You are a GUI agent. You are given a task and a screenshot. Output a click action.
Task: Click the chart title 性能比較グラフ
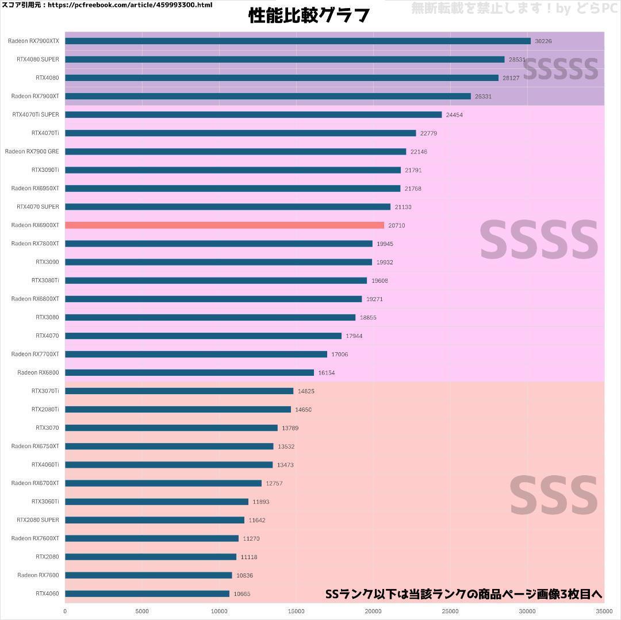(x=309, y=16)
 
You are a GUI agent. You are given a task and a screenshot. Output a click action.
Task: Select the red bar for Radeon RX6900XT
(x=224, y=225)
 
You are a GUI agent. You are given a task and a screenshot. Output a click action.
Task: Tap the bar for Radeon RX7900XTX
(x=297, y=41)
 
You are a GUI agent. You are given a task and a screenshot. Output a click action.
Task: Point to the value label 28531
(x=517, y=60)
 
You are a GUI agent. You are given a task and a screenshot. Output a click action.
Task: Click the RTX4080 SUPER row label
(x=38, y=59)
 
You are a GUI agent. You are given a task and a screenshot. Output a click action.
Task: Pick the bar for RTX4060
(x=147, y=594)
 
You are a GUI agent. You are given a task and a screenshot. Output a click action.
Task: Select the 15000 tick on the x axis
(x=296, y=611)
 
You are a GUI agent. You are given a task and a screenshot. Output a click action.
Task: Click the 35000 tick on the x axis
(x=604, y=611)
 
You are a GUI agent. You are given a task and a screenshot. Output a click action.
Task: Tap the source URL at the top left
(x=107, y=5)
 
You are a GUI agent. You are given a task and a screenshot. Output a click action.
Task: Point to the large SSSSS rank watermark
(x=560, y=70)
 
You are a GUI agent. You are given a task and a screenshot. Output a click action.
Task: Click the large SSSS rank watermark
(x=539, y=240)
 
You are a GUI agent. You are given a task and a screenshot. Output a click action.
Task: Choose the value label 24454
(x=454, y=115)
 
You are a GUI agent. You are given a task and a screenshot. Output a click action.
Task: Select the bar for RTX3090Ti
(x=233, y=170)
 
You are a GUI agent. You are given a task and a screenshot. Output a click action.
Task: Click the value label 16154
(x=327, y=373)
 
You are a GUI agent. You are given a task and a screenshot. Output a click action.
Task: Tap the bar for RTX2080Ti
(x=178, y=409)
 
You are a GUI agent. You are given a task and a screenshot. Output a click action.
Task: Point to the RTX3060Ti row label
(x=45, y=502)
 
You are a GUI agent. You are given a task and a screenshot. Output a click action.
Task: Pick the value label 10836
(x=245, y=575)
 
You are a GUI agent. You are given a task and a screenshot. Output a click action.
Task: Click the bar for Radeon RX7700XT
(x=196, y=354)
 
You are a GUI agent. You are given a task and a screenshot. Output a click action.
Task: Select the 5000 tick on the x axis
(x=142, y=611)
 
